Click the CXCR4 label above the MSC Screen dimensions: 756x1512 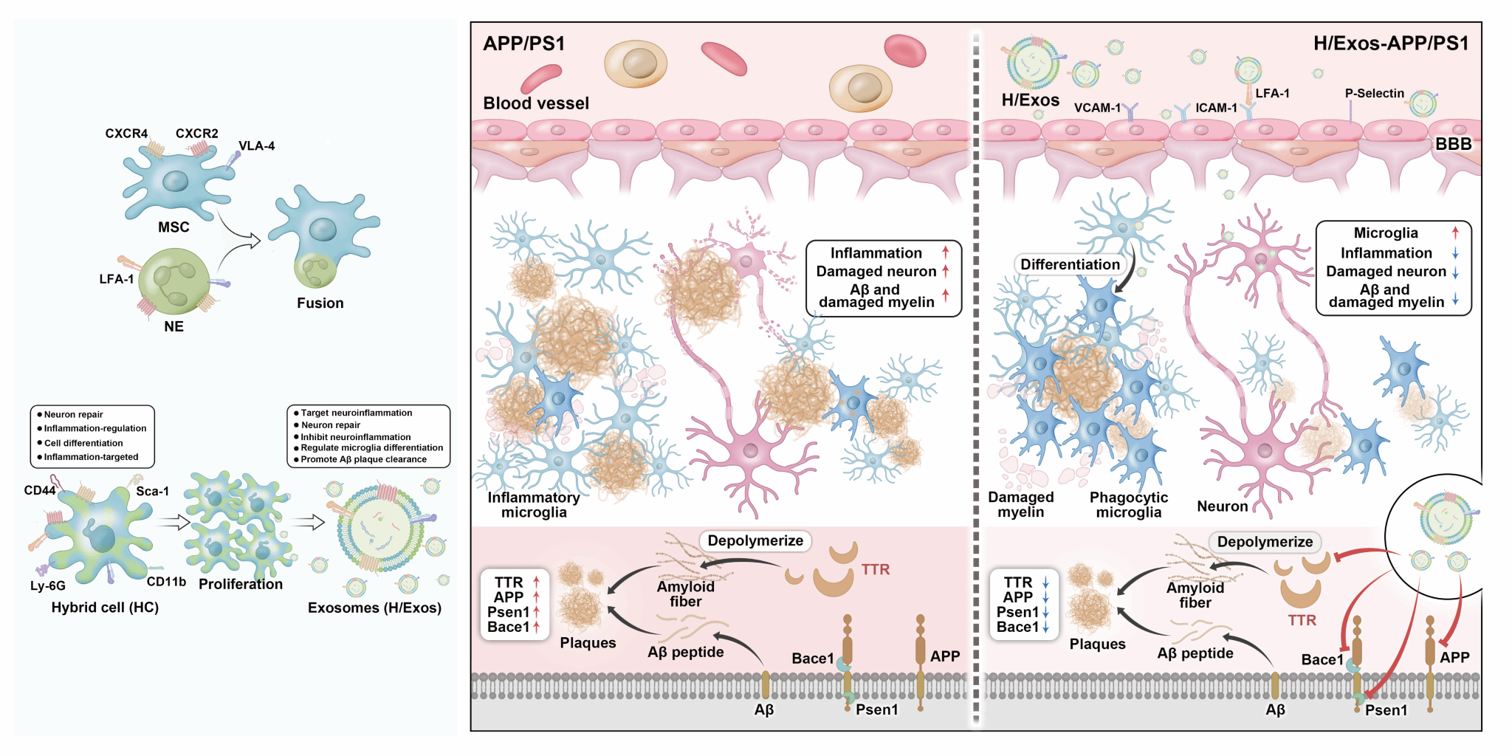pyautogui.click(x=126, y=134)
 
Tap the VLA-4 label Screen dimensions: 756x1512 pyautogui.click(x=256, y=146)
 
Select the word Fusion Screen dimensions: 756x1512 pyautogui.click(x=320, y=303)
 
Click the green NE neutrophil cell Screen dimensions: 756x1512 pyautogui.click(x=174, y=281)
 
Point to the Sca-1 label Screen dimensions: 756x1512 pyautogui.click(x=152, y=491)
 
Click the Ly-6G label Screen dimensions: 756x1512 pyautogui.click(x=48, y=586)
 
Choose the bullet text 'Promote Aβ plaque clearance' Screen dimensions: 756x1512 pyautogui.click(x=363, y=459)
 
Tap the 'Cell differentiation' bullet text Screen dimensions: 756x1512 pyautogui.click(x=83, y=443)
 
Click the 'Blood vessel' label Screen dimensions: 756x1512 pyautogui.click(x=536, y=103)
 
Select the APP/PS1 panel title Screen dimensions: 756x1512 pyautogui.click(x=524, y=44)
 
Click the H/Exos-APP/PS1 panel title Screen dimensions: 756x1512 pyautogui.click(x=1391, y=44)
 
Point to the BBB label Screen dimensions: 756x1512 pyautogui.click(x=1453, y=144)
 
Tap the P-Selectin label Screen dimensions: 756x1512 pyautogui.click(x=1374, y=93)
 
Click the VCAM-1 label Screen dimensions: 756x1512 pyautogui.click(x=1097, y=108)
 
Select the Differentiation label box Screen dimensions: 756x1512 pyautogui.click(x=1070, y=264)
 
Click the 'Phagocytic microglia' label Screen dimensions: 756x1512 pyautogui.click(x=1128, y=505)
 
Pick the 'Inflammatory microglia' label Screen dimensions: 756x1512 pyautogui.click(x=533, y=505)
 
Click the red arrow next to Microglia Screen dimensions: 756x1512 pyautogui.click(x=1455, y=233)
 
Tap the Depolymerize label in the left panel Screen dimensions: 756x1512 pyautogui.click(x=755, y=540)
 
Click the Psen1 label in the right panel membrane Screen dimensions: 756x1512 pyautogui.click(x=1386, y=710)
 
